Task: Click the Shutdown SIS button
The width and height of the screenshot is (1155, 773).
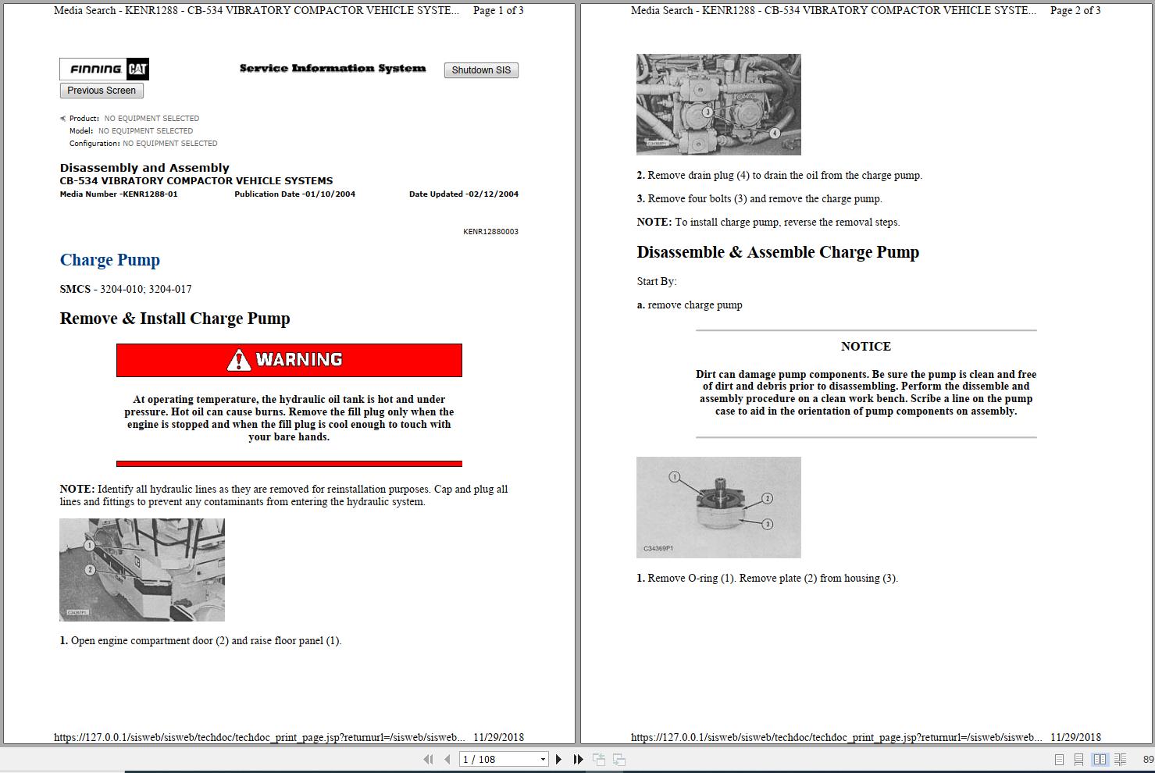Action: tap(481, 70)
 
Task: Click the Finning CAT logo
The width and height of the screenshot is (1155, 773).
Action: tap(105, 69)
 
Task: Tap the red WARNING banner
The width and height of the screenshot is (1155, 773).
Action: tap(289, 360)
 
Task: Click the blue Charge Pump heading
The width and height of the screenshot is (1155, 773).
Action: tap(110, 260)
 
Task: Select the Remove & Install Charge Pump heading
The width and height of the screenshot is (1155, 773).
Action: tap(175, 319)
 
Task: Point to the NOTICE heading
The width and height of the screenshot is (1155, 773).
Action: tap(865, 347)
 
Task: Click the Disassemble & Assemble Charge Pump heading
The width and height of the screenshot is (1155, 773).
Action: tap(778, 252)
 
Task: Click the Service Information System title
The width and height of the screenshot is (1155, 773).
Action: tap(333, 69)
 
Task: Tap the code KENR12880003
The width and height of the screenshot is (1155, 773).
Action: tap(490, 232)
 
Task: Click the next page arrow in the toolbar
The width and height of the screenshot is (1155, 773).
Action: tap(558, 759)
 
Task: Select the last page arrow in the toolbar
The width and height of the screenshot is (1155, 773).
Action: tap(578, 759)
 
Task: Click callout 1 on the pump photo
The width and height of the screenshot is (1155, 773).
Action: tap(675, 476)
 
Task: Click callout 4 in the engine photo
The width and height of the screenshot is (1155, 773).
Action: tap(775, 133)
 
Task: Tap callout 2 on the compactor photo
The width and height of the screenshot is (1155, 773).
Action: tap(90, 570)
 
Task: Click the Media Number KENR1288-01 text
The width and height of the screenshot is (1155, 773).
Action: tap(119, 194)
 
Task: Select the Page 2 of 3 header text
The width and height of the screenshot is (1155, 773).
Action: tap(1075, 10)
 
